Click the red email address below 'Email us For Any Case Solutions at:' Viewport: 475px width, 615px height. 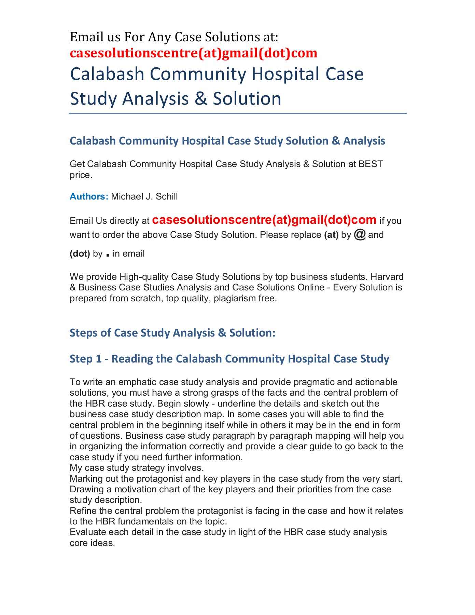[194, 53]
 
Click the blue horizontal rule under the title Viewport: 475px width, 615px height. [237, 114]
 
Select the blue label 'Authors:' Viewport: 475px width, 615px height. [89, 196]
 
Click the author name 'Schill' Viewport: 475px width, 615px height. [167, 196]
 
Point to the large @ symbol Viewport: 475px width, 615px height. [360, 235]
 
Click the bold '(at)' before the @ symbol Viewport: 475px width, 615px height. [331, 235]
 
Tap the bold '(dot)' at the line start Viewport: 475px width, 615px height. [80, 254]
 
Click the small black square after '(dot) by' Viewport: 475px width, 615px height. [108, 255]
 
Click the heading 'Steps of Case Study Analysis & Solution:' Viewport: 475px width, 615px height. [172, 333]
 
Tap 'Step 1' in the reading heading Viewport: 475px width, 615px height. [86, 359]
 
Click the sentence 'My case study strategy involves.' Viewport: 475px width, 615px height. [137, 468]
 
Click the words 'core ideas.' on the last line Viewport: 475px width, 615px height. [92, 543]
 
